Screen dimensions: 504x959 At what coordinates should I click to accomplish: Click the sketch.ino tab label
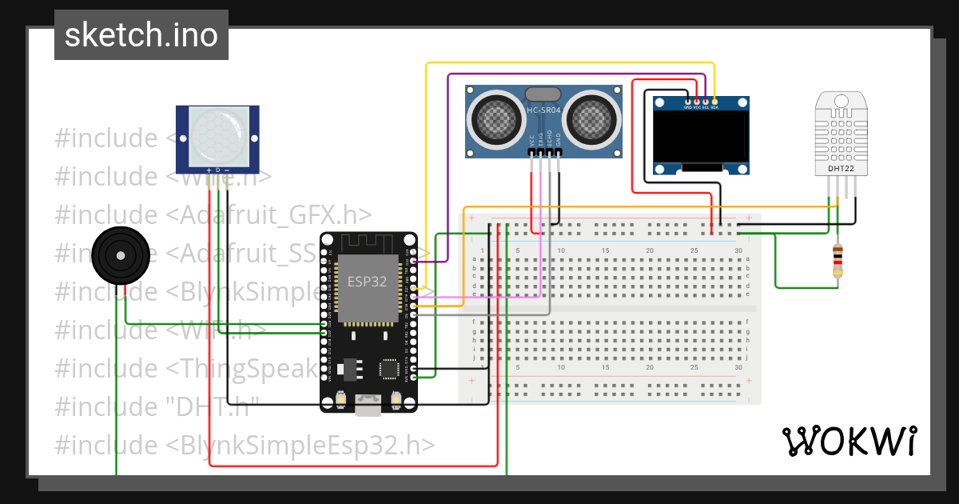pyautogui.click(x=141, y=35)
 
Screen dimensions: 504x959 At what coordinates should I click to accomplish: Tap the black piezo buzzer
pyautogui.click(x=120, y=255)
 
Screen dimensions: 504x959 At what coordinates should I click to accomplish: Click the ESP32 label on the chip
pyautogui.click(x=367, y=282)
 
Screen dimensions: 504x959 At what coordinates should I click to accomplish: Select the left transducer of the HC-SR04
pyautogui.click(x=496, y=120)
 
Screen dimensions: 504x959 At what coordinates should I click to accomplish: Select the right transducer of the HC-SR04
pyautogui.click(x=592, y=120)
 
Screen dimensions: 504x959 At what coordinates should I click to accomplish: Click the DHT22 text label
pyautogui.click(x=841, y=169)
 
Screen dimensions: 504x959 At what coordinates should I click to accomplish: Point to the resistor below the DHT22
pyautogui.click(x=837, y=260)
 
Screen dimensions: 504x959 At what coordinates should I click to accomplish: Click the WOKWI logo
pyautogui.click(x=849, y=440)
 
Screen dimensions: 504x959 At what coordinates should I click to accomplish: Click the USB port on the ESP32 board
pyautogui.click(x=368, y=409)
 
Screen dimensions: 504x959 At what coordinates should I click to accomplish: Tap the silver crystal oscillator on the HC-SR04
pyautogui.click(x=544, y=94)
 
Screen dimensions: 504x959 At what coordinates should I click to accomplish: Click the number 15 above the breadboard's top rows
pyautogui.click(x=606, y=250)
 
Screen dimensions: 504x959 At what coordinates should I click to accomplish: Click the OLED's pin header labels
pyautogui.click(x=701, y=107)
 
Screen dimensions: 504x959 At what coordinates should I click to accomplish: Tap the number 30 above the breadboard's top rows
pyautogui.click(x=738, y=250)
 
